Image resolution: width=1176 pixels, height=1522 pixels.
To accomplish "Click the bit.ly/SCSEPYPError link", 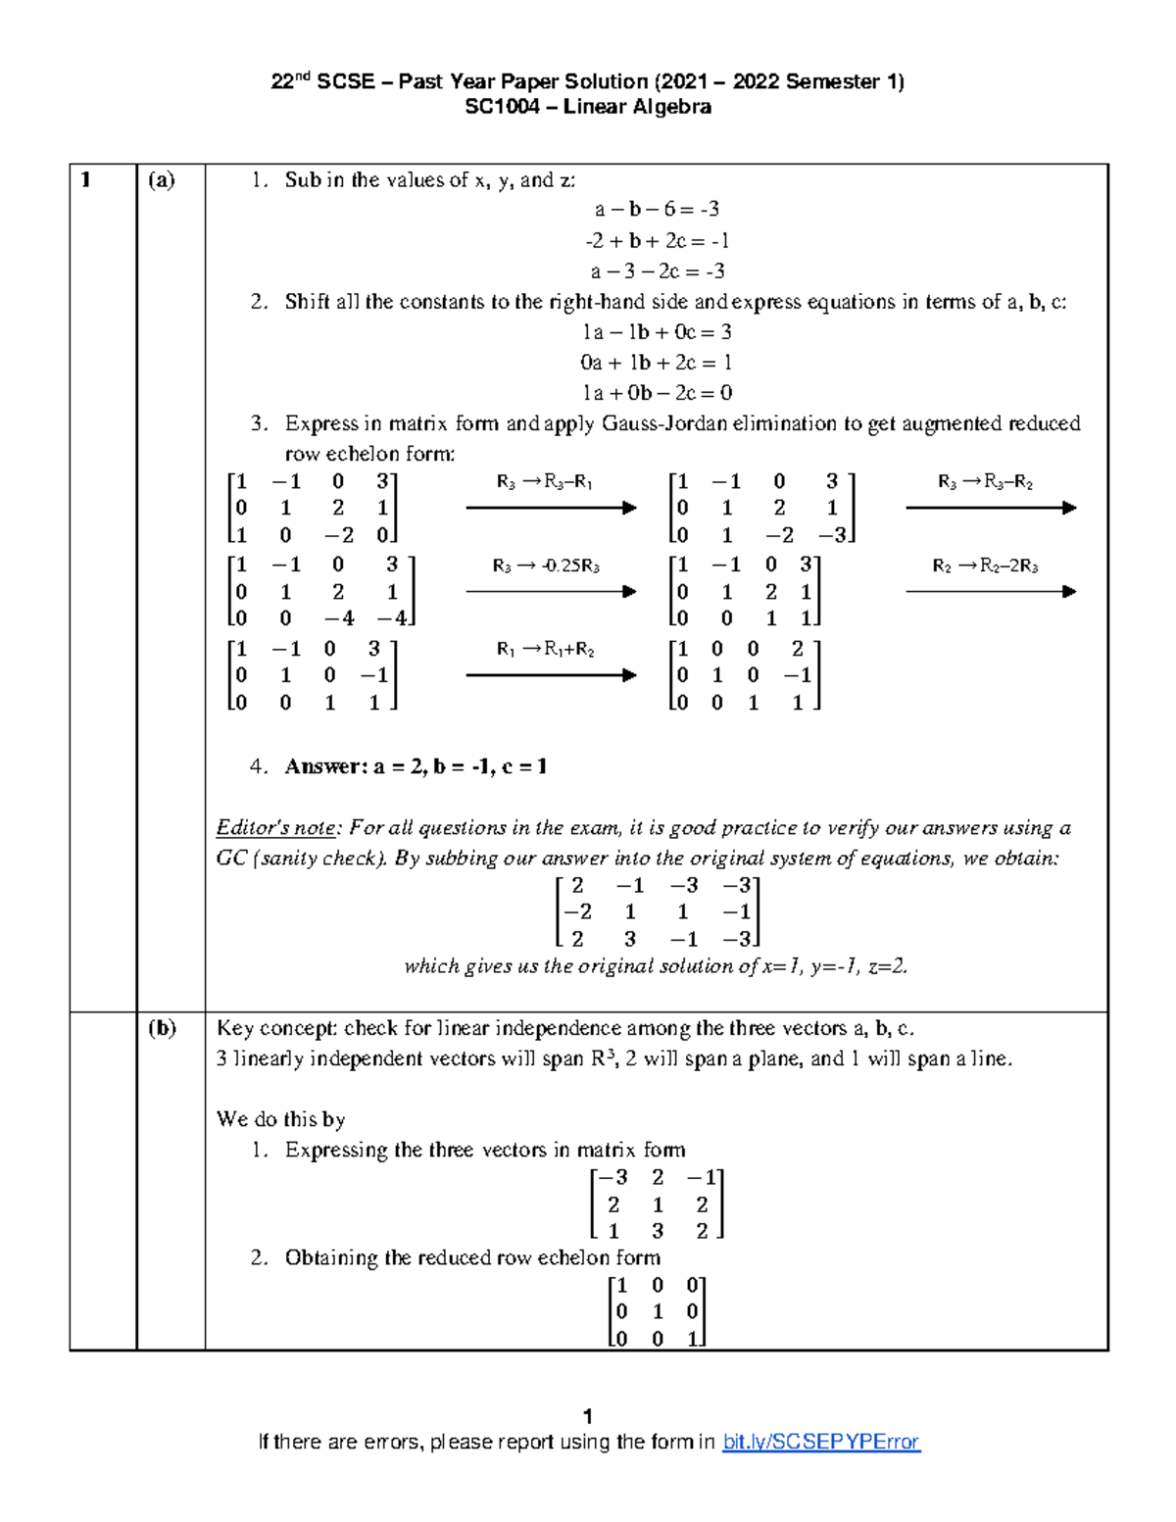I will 820,1442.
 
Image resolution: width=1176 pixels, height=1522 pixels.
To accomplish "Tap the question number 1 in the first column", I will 86,179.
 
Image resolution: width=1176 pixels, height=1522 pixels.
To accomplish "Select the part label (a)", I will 162,179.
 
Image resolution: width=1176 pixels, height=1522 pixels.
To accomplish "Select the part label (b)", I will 162,1028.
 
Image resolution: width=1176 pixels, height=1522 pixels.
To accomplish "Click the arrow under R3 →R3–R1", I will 551,508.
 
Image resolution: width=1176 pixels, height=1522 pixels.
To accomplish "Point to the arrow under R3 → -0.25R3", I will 551,591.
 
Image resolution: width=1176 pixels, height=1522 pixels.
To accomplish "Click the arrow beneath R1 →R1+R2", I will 551,674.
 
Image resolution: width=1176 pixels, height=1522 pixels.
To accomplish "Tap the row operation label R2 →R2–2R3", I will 985,565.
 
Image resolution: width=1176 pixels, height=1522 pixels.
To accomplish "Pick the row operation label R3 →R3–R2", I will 985,482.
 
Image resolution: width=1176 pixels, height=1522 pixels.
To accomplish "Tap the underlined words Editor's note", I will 276,828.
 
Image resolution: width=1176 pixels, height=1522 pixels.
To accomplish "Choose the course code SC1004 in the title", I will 502,107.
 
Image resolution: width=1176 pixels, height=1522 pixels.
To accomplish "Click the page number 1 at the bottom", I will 588,1416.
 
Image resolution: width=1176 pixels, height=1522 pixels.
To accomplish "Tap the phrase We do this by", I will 280,1119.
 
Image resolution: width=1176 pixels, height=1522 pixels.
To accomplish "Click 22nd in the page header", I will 290,81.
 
